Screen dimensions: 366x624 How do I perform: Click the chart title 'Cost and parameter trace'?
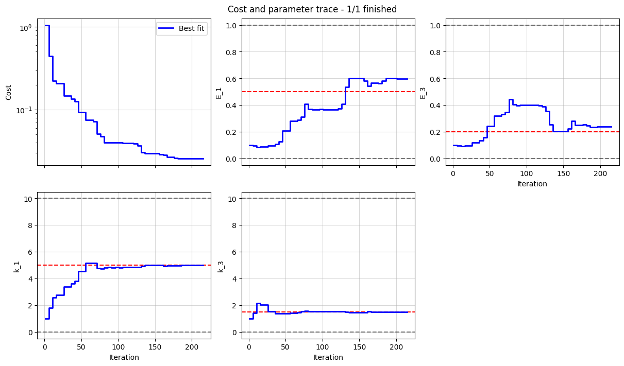coord(312,9)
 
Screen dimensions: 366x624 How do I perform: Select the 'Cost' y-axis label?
coord(9,93)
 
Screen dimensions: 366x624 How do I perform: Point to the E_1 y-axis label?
coord(219,93)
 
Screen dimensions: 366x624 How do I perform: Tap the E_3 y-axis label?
coord(423,93)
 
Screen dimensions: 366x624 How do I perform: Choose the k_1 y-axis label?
coord(17,266)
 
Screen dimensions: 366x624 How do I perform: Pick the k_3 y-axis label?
coord(221,266)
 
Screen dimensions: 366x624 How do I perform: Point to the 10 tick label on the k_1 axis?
coord(27,199)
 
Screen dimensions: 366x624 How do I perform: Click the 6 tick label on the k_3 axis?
coord(233,252)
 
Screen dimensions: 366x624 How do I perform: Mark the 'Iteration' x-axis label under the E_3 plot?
coord(532,184)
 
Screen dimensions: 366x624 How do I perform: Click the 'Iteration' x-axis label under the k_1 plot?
coord(124,357)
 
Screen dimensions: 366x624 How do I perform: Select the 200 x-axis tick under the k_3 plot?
coord(396,347)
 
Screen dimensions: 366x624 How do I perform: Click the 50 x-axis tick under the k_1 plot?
coord(81,347)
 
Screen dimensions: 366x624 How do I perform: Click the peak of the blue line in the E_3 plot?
coord(511,100)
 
